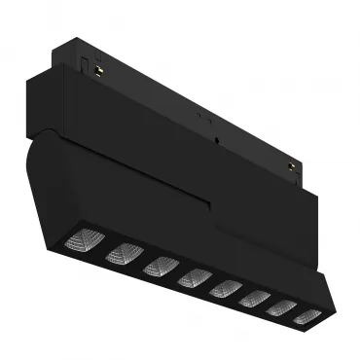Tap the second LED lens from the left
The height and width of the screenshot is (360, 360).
click(x=124, y=254)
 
